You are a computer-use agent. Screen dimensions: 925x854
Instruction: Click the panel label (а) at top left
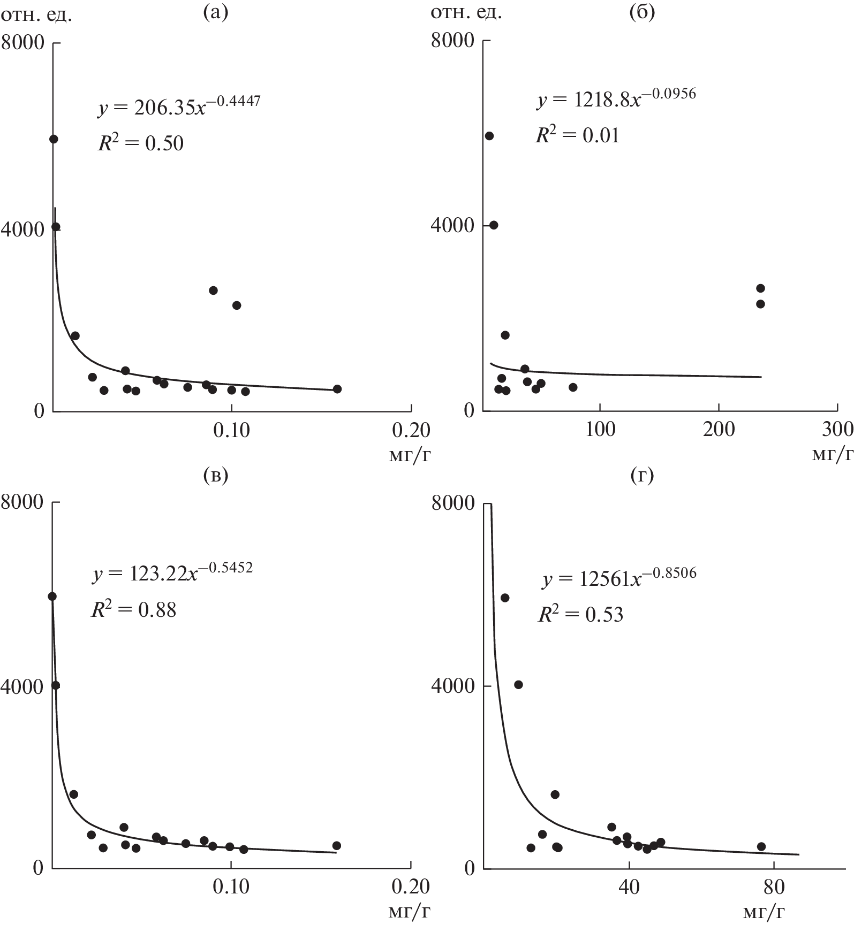[216, 12]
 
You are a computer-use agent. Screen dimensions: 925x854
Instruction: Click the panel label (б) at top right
[642, 12]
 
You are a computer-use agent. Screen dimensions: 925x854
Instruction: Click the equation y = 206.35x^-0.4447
[179, 106]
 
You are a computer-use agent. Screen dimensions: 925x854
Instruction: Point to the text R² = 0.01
[578, 135]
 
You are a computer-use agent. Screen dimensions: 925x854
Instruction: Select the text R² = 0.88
[133, 609]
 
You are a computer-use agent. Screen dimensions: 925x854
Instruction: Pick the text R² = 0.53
[580, 615]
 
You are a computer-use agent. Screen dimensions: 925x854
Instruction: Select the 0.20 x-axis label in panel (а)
[411, 430]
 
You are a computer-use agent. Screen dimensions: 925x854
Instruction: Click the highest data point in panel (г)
[504, 598]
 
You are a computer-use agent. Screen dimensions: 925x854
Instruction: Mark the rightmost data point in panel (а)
[337, 389]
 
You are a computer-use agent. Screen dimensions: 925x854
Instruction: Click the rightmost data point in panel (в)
[336, 845]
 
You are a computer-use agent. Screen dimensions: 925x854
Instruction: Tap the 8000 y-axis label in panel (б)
[452, 41]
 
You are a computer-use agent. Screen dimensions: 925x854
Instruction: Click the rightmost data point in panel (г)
[761, 846]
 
